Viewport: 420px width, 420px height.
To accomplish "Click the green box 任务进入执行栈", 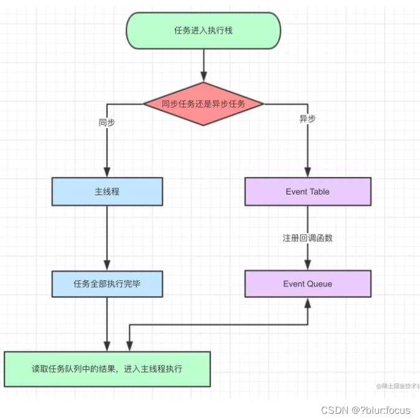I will point(203,30).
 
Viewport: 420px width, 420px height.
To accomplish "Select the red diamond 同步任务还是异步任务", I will point(203,104).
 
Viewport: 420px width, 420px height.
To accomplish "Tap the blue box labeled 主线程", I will point(107,191).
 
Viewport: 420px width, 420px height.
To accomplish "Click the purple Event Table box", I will point(307,191).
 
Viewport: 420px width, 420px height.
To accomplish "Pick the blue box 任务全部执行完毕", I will point(107,284).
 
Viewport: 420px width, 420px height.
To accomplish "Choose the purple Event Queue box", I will point(307,284).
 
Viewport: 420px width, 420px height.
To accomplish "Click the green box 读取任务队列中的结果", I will point(107,369).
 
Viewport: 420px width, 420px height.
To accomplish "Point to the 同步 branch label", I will point(107,122).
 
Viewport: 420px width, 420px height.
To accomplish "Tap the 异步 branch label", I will point(307,119).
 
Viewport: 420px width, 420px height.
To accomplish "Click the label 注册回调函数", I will point(307,238).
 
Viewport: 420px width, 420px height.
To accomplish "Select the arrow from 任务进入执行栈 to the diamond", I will point(203,65).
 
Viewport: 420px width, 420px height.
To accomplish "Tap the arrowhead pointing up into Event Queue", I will point(307,303).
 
